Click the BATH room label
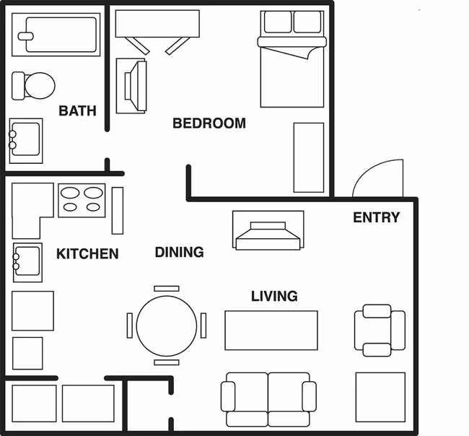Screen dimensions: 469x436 coord(77,110)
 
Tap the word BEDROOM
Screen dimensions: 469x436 coord(209,123)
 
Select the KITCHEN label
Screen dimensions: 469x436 coord(87,254)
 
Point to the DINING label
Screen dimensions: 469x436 coord(179,252)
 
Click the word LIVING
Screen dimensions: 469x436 coord(274,296)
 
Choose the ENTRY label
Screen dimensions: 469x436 coord(376,217)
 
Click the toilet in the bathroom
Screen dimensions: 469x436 coord(33,86)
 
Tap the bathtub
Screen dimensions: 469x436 coord(56,35)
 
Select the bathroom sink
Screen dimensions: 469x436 coord(26,141)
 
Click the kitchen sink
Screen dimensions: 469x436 coord(27,262)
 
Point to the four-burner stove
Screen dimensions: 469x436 coord(82,200)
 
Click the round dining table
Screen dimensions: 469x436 coord(167,326)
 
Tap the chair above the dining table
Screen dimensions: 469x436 coord(167,289)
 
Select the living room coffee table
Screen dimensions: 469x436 coord(271,331)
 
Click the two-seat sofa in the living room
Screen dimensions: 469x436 coord(268,399)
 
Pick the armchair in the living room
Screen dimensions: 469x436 coord(380,331)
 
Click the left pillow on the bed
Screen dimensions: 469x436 coord(278,22)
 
